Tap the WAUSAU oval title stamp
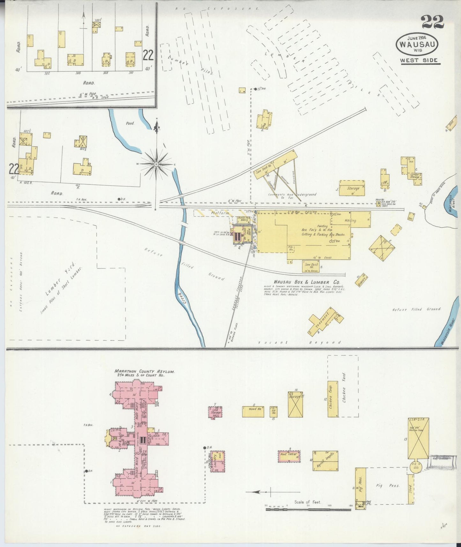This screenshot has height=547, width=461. point(417,44)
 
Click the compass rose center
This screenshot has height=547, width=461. point(156,164)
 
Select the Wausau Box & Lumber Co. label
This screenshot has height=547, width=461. point(306,282)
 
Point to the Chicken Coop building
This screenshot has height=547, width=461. point(333,399)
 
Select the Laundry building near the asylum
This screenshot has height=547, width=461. point(217,461)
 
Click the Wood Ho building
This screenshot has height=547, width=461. point(253,412)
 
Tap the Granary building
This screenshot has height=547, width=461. point(361,279)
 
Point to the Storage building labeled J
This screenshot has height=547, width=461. point(352,188)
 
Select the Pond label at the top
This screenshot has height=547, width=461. point(130,123)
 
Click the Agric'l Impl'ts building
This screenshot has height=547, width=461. point(325,461)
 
